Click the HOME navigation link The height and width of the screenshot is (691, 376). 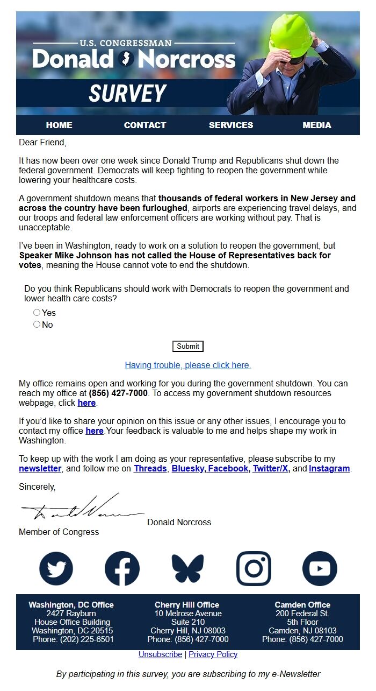[x=59, y=125]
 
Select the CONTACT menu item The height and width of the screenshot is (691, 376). [x=145, y=125]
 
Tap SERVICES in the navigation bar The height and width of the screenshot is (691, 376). [x=231, y=125]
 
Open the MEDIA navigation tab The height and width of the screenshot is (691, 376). [x=317, y=125]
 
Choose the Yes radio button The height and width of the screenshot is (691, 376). [x=37, y=313]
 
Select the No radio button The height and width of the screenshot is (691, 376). [x=37, y=325]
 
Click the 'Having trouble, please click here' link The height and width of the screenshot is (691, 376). [x=188, y=365]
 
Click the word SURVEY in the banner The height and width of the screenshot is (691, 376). [x=127, y=94]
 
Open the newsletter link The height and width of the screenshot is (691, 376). [x=40, y=469]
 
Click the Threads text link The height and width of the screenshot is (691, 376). [x=151, y=469]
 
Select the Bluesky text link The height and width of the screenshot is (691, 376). [x=188, y=469]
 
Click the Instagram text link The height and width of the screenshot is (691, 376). [x=329, y=469]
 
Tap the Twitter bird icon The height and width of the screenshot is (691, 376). [x=56, y=568]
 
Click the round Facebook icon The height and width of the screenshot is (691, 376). [x=122, y=568]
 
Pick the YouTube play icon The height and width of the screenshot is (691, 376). [x=320, y=568]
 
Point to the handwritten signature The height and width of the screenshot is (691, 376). [x=81, y=509]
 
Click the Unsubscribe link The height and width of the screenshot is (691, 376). [x=160, y=654]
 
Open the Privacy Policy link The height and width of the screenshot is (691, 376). [x=213, y=654]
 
